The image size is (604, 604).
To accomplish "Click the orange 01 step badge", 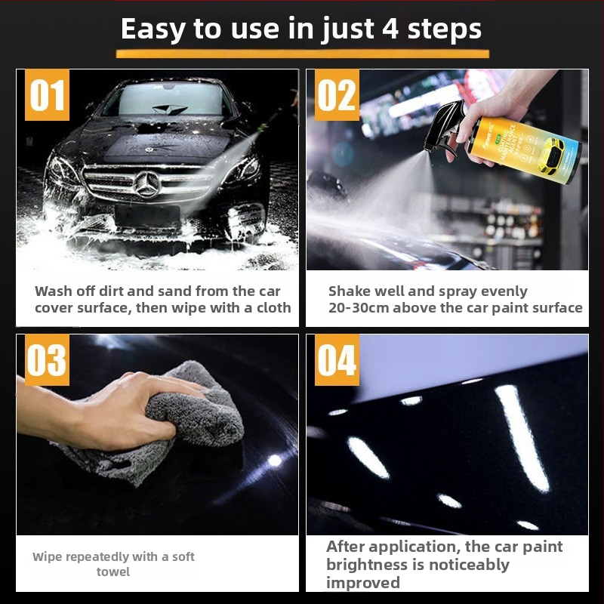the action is (47, 95).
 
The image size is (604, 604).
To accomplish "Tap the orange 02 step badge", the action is (337, 95).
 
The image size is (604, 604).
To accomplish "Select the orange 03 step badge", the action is (47, 360).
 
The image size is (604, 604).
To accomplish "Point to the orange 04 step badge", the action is (337, 360).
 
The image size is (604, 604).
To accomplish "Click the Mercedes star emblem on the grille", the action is (146, 185).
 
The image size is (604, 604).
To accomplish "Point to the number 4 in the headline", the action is (390, 29).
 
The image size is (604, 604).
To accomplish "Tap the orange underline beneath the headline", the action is (303, 54).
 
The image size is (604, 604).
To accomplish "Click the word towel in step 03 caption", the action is (112, 572).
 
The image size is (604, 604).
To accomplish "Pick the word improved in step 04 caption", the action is (363, 583).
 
